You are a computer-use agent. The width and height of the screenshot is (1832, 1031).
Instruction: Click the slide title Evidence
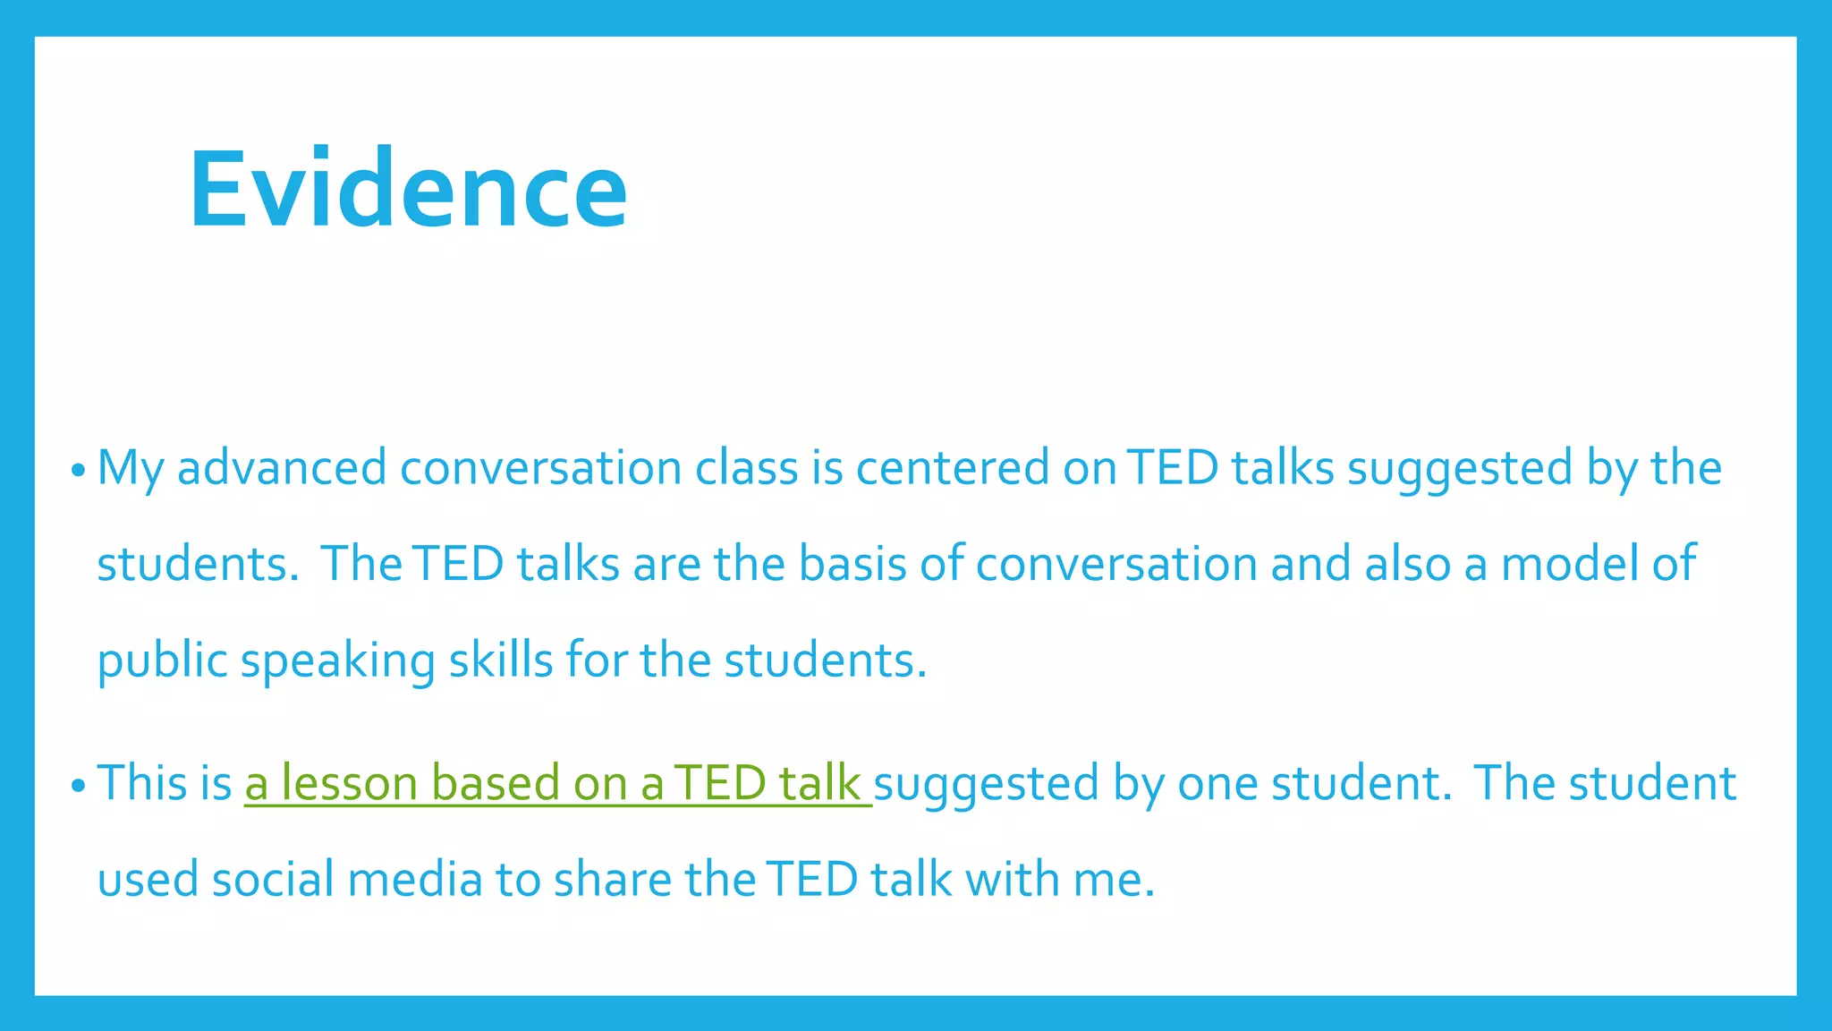(x=408, y=190)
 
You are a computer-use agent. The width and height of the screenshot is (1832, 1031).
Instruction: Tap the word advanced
(x=282, y=468)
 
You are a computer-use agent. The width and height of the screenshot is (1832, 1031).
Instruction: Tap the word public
(x=162, y=661)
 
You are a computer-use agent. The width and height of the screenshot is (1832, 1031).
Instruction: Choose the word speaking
(x=337, y=661)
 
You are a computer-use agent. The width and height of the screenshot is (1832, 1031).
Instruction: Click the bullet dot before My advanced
(x=78, y=471)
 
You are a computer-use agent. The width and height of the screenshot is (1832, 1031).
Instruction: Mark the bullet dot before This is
(x=78, y=787)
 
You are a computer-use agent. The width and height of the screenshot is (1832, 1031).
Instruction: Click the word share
(x=612, y=879)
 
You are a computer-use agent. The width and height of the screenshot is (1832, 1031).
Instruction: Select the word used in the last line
(x=148, y=879)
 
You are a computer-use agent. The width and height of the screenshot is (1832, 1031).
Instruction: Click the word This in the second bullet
(x=148, y=783)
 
